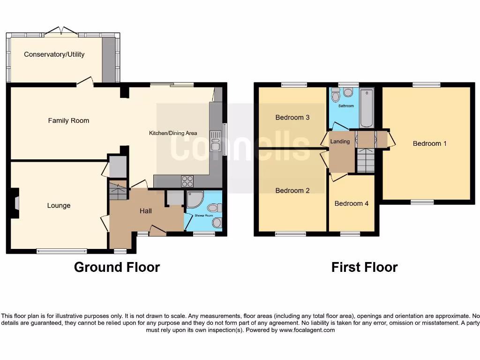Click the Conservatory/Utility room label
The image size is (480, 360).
tap(54, 54)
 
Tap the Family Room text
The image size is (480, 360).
tap(68, 120)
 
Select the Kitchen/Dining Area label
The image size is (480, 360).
tap(173, 133)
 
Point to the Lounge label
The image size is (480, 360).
tap(59, 205)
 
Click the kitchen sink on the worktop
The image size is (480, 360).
tap(216, 141)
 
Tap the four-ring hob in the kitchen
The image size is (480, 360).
tap(187, 181)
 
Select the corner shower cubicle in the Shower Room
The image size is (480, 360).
tap(194, 200)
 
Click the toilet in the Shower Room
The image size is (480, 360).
tap(215, 208)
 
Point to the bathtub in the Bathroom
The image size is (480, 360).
tap(367, 107)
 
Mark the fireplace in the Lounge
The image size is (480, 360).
tap(16, 203)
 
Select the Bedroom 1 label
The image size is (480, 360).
tap(429, 143)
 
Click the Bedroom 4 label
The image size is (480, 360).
tap(351, 203)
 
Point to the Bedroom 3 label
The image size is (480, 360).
tap(292, 117)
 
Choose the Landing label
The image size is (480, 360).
tap(340, 141)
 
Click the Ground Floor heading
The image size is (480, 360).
tap(117, 267)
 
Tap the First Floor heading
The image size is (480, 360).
tap(364, 267)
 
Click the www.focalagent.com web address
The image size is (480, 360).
tap(307, 330)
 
